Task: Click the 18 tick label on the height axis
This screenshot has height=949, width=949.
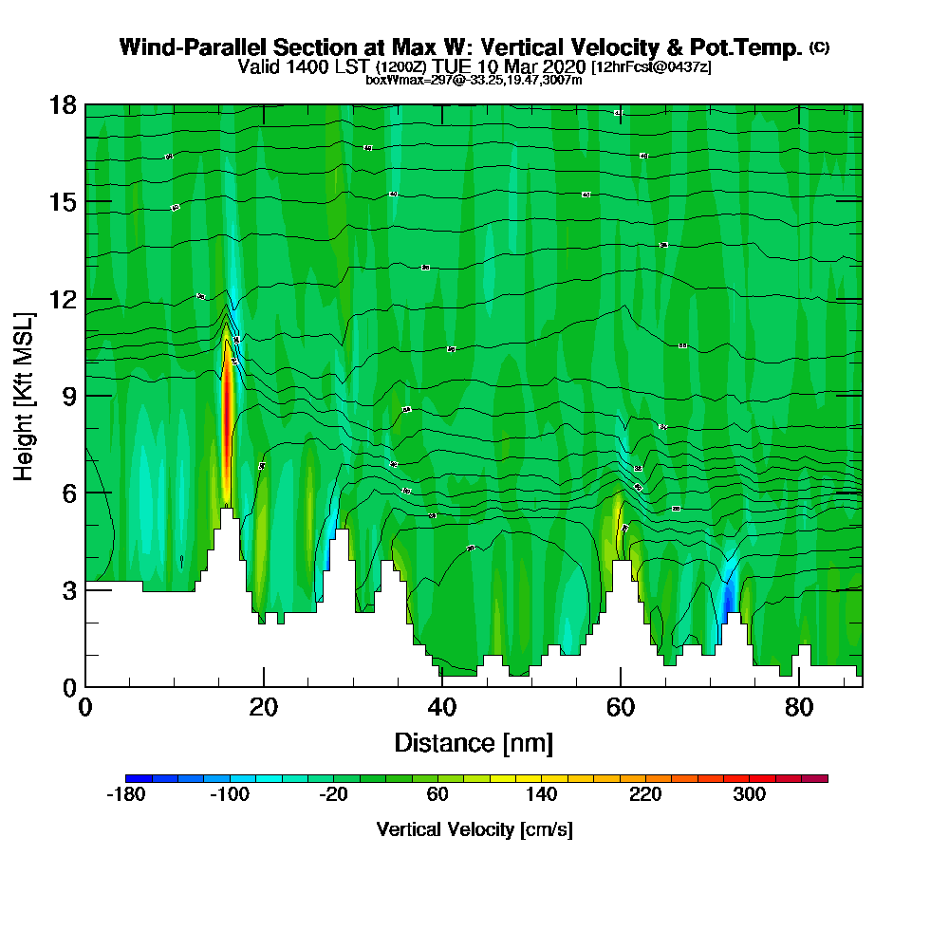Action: pos(63,104)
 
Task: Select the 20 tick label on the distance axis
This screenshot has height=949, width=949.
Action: pos(264,707)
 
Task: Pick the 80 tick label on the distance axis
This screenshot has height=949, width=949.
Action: pos(799,707)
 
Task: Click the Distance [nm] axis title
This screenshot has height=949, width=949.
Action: pos(474,742)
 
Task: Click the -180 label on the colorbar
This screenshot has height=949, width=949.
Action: pos(125,795)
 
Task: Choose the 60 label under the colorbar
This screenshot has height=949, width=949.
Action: pos(437,795)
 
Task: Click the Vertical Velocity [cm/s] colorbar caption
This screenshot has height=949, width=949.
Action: pos(474,829)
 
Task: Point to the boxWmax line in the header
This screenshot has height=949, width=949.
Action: pos(474,80)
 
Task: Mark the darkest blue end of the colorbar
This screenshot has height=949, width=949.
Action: pos(130,778)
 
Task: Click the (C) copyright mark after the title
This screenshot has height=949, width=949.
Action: pos(819,47)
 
